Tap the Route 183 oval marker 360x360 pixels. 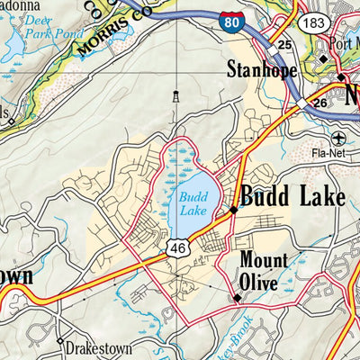point(314,21)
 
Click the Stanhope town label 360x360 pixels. point(262,68)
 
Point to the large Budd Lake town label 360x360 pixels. point(292,196)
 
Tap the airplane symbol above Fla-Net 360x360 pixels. point(338,138)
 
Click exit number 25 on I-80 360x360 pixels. point(284,45)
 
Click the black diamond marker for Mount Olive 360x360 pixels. point(238,296)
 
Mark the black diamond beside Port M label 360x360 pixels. point(324,59)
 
